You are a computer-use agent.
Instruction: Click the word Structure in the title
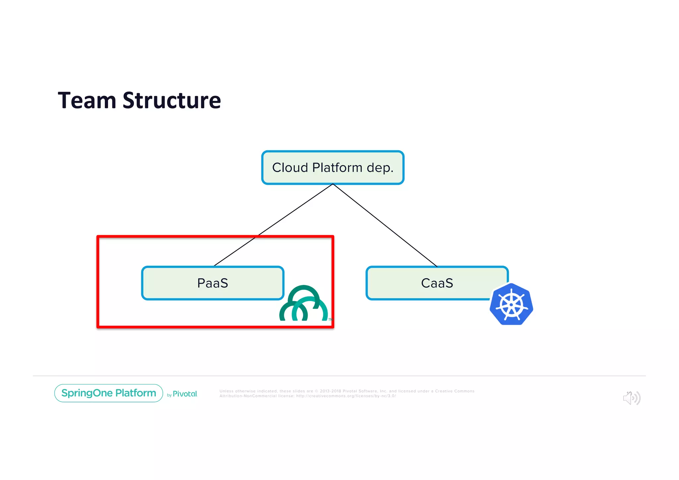[172, 101]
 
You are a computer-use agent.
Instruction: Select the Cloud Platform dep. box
[333, 168]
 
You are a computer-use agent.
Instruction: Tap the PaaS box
[213, 283]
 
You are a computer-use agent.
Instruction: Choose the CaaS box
[437, 283]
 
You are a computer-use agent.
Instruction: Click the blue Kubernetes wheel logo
[511, 304]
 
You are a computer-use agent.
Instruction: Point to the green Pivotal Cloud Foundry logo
[303, 304]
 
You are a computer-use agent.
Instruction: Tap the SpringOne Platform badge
[109, 393]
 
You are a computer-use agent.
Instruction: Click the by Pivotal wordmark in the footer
[182, 394]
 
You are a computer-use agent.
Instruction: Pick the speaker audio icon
[632, 398]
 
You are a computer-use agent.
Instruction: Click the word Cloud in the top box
[290, 168]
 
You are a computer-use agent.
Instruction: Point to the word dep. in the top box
[380, 168]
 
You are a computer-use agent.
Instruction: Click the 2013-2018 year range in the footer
[330, 391]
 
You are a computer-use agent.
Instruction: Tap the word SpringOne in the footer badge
[87, 393]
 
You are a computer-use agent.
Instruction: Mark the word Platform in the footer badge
[136, 393]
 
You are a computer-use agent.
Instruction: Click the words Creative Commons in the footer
[455, 391]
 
